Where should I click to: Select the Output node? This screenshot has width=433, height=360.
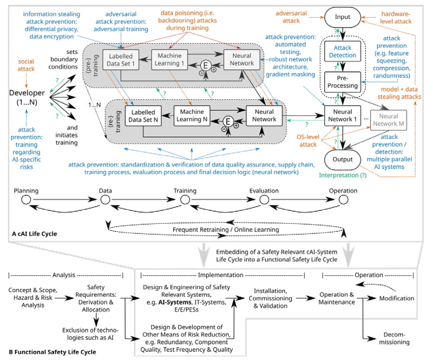[343, 159]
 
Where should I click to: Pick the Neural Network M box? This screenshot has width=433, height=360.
[387, 120]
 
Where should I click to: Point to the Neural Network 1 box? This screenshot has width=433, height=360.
[343, 116]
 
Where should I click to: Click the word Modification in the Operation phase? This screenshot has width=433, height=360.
[396, 298]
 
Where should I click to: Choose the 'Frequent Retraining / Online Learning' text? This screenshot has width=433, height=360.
[226, 230]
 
